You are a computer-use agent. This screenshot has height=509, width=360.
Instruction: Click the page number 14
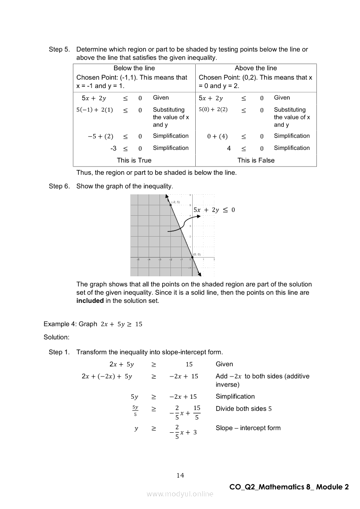click(x=180, y=475)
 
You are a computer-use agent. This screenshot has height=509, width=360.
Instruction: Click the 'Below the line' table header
click(x=134, y=68)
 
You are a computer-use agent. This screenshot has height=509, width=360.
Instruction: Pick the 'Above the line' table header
click(x=256, y=68)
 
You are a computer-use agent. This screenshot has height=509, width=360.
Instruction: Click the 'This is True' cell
click(x=134, y=160)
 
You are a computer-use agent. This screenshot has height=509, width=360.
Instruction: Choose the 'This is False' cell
click(x=256, y=160)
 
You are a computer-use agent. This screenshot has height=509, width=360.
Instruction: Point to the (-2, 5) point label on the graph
click(x=176, y=202)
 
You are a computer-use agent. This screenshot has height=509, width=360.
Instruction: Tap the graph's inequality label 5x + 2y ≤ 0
click(x=214, y=210)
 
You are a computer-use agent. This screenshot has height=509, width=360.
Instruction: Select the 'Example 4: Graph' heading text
click(x=70, y=324)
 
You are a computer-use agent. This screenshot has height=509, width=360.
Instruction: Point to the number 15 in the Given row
click(x=189, y=364)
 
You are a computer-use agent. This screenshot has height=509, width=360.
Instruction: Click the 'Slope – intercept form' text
click(x=248, y=428)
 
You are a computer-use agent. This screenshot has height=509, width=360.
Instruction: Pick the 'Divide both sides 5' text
click(x=244, y=409)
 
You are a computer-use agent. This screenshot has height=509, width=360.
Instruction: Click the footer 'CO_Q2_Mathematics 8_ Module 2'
click(x=289, y=487)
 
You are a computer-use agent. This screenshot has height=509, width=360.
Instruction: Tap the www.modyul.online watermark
click(x=180, y=494)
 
